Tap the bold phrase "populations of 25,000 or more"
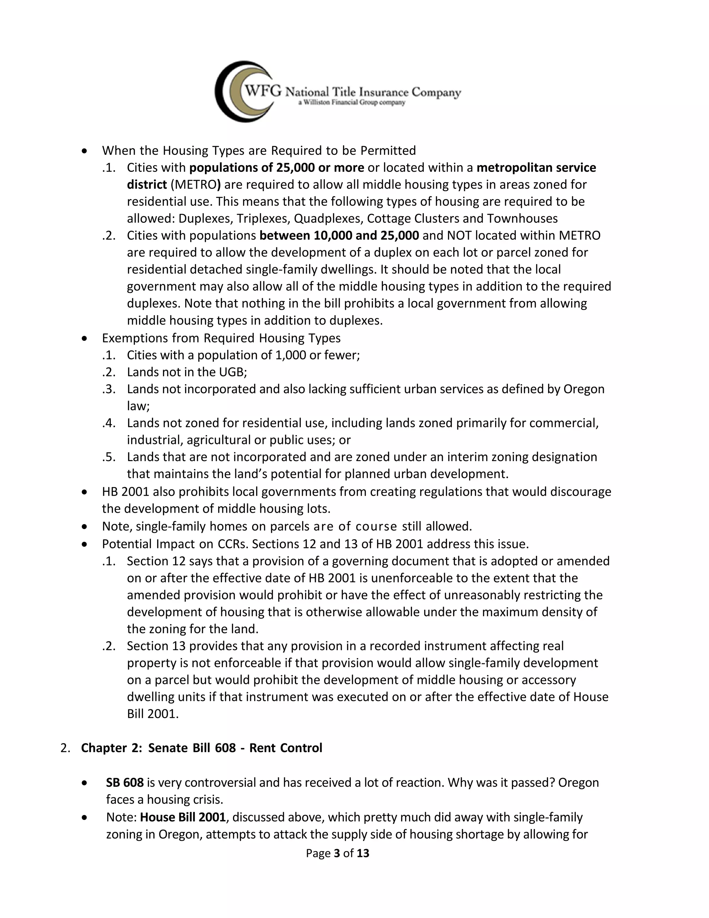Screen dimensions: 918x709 click(276, 168)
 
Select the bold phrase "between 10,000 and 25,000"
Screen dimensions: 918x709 click(339, 235)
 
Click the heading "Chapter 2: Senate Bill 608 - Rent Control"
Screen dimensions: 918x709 click(201, 748)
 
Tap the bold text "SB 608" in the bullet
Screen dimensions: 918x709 click(125, 782)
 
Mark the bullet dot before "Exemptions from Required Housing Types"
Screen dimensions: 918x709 click(85, 338)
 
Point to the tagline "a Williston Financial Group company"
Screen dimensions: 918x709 click(352, 103)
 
